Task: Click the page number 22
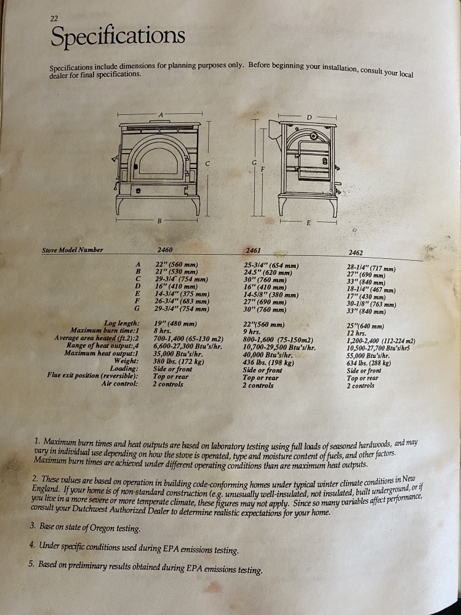[54, 18]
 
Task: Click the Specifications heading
[118, 36]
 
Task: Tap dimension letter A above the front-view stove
[161, 114]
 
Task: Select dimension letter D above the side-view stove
[308, 117]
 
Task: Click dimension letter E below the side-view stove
[308, 223]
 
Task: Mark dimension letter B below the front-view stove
[159, 221]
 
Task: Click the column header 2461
[254, 251]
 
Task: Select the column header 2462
[356, 253]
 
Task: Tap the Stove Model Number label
[73, 250]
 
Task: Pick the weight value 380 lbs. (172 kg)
[178, 361]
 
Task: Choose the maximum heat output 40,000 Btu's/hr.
[268, 355]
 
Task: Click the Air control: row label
[120, 384]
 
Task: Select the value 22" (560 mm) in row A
[176, 264]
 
